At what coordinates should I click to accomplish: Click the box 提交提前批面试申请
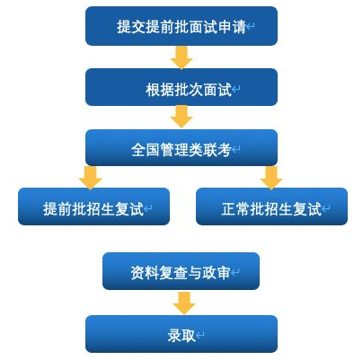click(181, 26)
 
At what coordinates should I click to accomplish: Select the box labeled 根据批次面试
click(181, 87)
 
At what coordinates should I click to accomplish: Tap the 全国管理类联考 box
click(181, 147)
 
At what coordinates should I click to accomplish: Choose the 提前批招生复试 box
click(93, 206)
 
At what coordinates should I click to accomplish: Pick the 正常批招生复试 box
click(271, 206)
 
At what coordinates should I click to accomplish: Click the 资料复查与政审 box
click(181, 271)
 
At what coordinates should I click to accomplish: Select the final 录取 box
click(181, 334)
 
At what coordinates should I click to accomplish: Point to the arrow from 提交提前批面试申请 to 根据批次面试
click(181, 57)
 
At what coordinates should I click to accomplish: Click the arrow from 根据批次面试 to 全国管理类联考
click(181, 117)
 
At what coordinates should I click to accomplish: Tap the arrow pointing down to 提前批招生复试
click(91, 178)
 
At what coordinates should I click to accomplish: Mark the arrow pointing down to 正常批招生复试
click(271, 178)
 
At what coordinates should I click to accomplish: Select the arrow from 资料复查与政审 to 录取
click(184, 303)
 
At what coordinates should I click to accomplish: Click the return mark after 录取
click(200, 335)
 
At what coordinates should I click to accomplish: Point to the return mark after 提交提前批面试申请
click(251, 26)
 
